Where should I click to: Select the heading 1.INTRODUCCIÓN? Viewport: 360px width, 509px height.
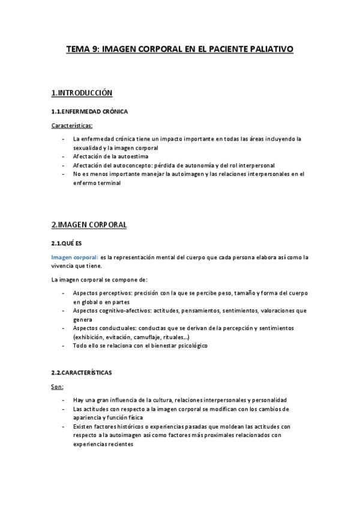82,93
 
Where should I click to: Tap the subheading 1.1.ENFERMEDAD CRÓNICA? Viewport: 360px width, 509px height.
89,112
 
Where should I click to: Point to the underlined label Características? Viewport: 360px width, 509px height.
71,126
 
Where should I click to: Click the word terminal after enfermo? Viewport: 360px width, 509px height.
108,183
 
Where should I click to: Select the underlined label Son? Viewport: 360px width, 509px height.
58,387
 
